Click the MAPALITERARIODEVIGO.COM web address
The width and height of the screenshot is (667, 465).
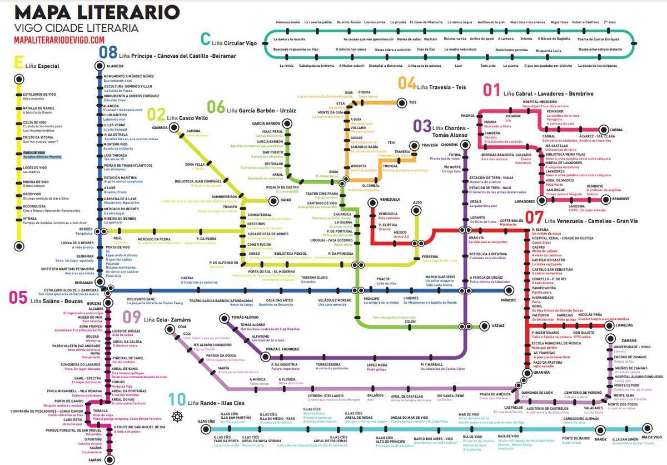(59, 39)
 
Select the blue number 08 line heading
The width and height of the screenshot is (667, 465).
(108, 53)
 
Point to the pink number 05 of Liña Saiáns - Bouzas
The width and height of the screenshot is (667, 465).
(17, 298)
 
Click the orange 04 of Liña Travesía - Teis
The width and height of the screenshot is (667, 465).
(407, 84)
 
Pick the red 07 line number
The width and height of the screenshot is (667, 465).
(534, 217)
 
